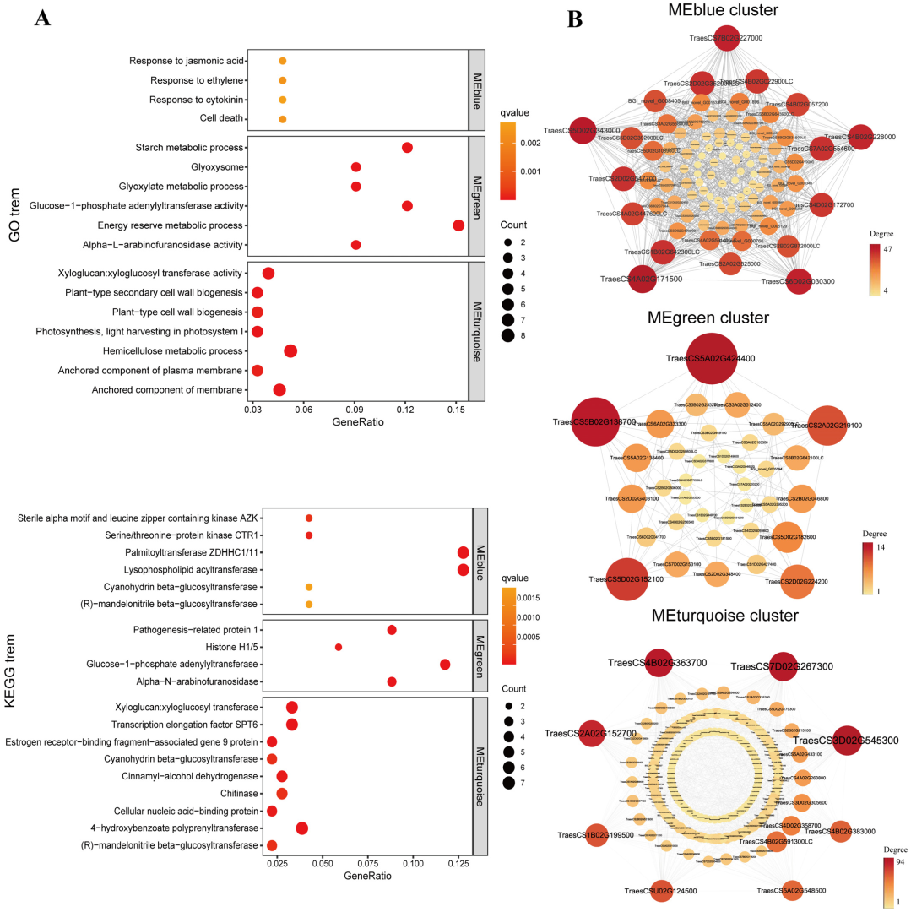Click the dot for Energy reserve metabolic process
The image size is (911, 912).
(x=458, y=225)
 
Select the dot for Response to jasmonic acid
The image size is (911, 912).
(x=283, y=61)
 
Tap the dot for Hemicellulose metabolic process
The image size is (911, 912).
(x=290, y=351)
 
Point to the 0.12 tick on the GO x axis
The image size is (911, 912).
(x=405, y=410)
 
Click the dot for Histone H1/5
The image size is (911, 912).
(x=339, y=648)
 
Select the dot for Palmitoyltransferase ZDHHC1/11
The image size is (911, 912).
(x=463, y=553)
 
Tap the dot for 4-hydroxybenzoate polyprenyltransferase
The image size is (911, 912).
(x=302, y=828)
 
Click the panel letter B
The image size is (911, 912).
(x=575, y=19)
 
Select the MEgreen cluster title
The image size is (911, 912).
(x=708, y=318)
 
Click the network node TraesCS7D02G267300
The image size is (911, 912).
(x=783, y=667)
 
